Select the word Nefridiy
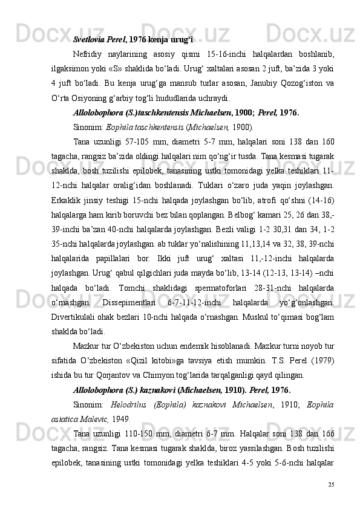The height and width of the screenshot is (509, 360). pyautogui.click(x=90, y=56)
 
